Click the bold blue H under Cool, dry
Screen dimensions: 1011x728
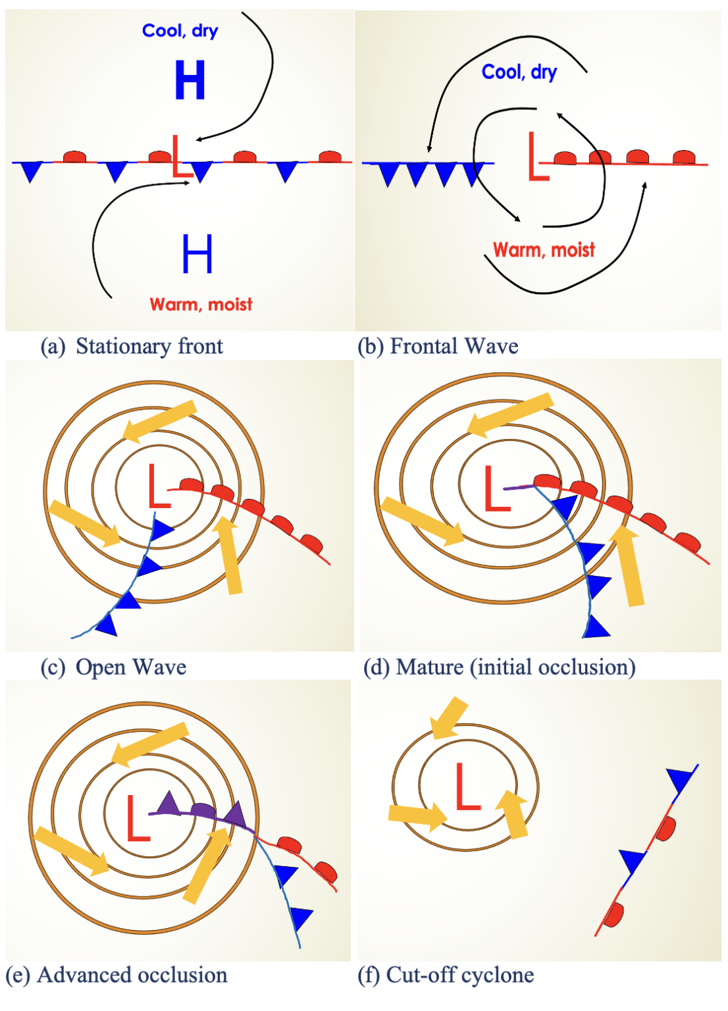click(x=190, y=80)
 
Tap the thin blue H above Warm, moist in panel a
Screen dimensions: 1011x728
click(x=197, y=254)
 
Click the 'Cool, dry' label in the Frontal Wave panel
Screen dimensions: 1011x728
click(x=519, y=72)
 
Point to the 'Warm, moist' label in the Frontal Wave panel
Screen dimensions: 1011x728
click(x=544, y=250)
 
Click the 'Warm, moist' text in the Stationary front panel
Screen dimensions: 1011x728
click(x=201, y=304)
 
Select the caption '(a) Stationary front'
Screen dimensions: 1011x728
click(x=132, y=346)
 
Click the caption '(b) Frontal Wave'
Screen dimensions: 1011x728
click(x=438, y=346)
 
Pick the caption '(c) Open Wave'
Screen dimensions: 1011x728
click(x=113, y=667)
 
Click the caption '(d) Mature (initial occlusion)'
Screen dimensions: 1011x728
click(x=499, y=667)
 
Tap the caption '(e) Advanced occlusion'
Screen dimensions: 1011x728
click(x=117, y=975)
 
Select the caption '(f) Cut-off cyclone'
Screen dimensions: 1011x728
click(x=446, y=975)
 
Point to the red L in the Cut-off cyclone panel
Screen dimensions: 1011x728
click(x=467, y=787)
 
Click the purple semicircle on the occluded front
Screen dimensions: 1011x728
click(x=203, y=809)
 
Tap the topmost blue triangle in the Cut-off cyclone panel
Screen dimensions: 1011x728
click(x=681, y=779)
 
